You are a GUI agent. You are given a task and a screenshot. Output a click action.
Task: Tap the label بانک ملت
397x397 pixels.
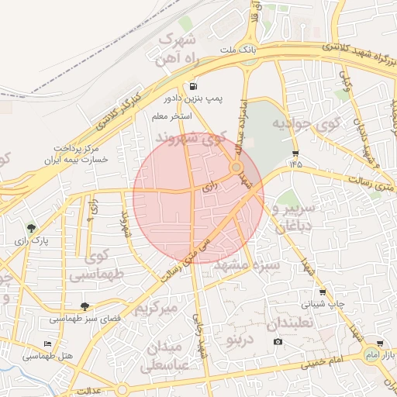[216, 50]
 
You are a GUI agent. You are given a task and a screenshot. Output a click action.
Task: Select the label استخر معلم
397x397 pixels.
[171, 116]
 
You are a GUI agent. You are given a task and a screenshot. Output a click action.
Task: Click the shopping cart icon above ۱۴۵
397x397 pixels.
[295, 152]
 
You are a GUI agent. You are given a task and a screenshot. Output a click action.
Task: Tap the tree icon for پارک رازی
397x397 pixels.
[31, 228]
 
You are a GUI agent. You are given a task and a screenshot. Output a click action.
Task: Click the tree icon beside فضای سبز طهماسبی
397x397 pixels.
[85, 306]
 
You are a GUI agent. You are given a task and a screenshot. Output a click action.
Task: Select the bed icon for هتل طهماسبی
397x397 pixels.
[48, 343]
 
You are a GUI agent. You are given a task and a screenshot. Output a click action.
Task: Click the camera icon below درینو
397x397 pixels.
[278, 342]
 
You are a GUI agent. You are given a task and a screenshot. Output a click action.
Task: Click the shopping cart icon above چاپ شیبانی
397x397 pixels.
[323, 292]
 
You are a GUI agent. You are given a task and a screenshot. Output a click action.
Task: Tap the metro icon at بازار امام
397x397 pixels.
[379, 343]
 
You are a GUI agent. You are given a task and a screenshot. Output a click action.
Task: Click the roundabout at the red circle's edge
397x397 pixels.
[236, 167]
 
